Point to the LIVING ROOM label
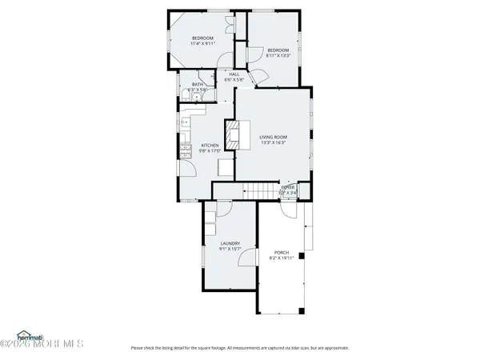point(273,138)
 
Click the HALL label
point(234,74)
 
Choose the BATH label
point(195,83)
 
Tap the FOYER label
point(287,187)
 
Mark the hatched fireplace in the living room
point(233,135)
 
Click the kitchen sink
point(184,122)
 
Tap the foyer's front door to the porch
point(286,210)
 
